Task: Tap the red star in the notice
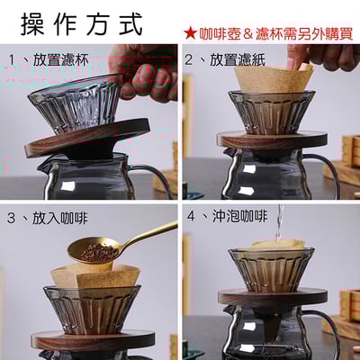(190, 32)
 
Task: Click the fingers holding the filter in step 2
(324, 56)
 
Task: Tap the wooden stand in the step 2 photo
(270, 139)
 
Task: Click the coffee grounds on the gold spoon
(97, 253)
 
